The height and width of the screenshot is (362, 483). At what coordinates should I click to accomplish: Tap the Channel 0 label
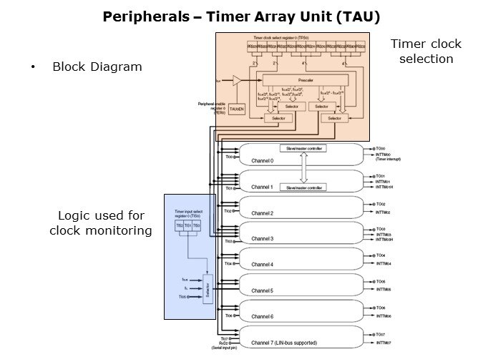(x=263, y=162)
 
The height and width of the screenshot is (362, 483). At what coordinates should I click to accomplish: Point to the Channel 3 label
(x=263, y=238)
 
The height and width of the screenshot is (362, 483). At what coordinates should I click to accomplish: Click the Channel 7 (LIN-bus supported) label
(x=284, y=343)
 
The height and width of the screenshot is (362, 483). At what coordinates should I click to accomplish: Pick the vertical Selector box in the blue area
(x=208, y=292)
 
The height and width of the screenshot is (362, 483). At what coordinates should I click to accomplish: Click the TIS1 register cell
(x=187, y=225)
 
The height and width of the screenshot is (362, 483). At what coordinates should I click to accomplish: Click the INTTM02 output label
(x=384, y=212)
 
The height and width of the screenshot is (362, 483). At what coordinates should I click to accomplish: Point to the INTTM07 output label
(x=384, y=343)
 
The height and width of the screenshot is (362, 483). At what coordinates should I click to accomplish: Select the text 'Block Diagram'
(x=97, y=67)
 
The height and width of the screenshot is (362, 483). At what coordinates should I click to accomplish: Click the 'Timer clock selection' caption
(x=426, y=51)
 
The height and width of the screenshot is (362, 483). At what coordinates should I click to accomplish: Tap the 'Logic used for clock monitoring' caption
(x=101, y=222)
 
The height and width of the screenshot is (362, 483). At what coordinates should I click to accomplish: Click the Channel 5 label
(x=263, y=290)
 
